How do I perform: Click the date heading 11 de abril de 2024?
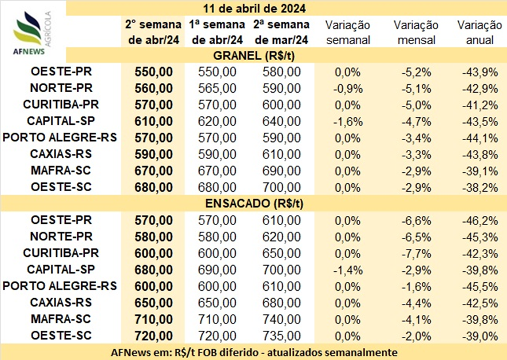(x=254, y=8)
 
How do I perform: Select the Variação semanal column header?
(x=347, y=33)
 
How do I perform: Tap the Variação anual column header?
(x=480, y=33)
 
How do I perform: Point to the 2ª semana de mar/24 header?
(x=282, y=32)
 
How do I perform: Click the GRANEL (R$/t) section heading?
(x=254, y=56)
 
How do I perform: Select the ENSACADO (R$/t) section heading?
(x=254, y=203)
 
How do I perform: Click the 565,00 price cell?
(x=217, y=88)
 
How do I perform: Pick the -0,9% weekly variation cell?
(x=348, y=89)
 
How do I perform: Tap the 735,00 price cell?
(x=282, y=336)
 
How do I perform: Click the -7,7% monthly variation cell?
(x=417, y=254)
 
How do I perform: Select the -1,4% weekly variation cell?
(x=348, y=270)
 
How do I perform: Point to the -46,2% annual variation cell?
(x=480, y=220)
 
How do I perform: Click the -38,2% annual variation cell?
(x=480, y=188)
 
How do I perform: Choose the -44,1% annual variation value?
(x=480, y=138)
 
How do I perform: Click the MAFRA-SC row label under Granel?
(x=61, y=170)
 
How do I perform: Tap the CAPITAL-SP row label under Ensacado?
(x=61, y=269)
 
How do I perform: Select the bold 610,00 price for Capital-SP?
(x=153, y=121)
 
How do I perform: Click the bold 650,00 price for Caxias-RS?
(x=153, y=303)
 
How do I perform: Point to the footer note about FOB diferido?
(x=254, y=352)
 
